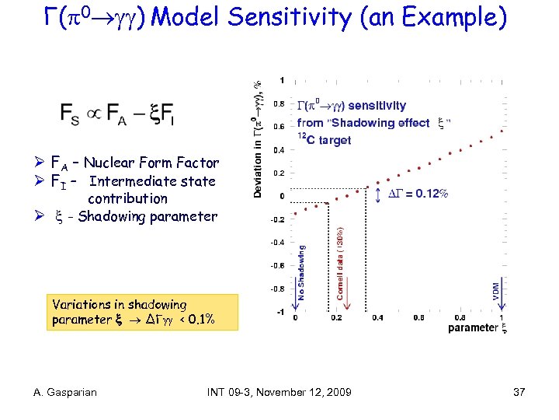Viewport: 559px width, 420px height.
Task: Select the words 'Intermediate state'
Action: (151, 181)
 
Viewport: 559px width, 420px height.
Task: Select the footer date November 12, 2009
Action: (279, 392)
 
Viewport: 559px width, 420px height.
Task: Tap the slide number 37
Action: (519, 392)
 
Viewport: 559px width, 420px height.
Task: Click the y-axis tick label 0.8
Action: (279, 103)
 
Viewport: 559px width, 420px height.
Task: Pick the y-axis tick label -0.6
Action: (277, 265)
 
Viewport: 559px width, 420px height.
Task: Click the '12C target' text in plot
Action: (325, 140)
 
